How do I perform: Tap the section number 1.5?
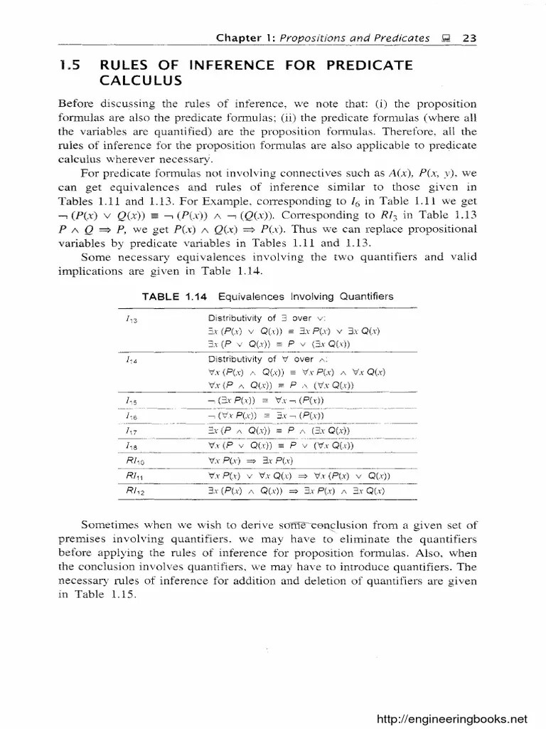(68, 65)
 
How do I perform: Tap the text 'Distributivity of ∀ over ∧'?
(261, 360)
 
